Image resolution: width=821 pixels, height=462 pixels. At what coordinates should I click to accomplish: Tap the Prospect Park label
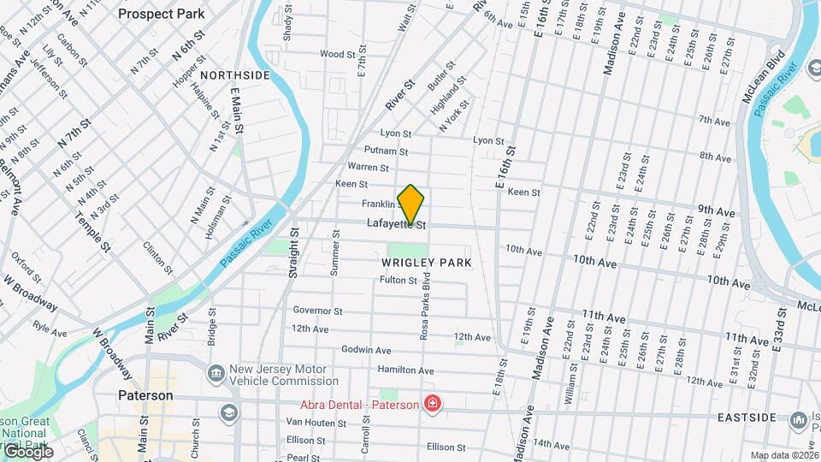[x=162, y=14]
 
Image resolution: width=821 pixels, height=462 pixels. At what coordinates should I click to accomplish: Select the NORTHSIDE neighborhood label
[x=237, y=75]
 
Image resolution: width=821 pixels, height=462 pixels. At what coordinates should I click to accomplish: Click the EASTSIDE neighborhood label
[x=747, y=418]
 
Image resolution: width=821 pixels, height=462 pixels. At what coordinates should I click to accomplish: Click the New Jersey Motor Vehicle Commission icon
[x=215, y=374]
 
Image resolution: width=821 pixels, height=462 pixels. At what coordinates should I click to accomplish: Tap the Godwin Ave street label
[x=366, y=350]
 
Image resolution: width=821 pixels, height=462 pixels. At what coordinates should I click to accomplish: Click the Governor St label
[x=317, y=311]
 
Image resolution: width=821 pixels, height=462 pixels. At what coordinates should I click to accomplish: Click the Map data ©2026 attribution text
[x=783, y=455]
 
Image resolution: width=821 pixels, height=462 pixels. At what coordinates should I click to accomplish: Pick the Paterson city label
[x=145, y=396]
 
